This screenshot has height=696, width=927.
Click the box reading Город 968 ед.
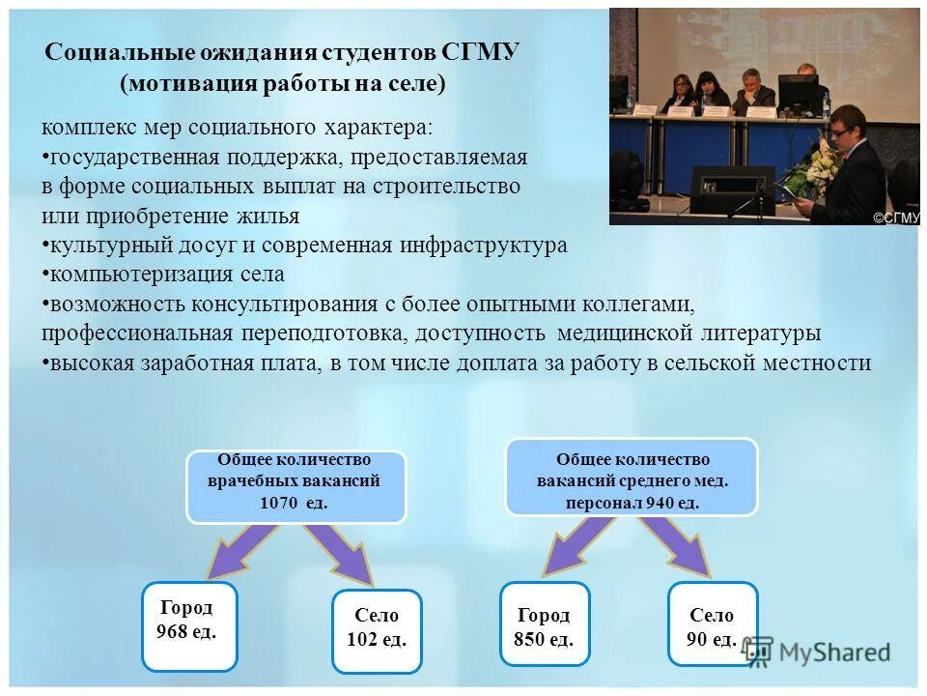click(x=189, y=625)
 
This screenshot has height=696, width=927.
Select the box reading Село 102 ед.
click(x=377, y=630)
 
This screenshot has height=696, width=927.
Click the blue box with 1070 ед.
click(x=295, y=486)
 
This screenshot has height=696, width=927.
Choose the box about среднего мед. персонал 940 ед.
click(x=632, y=477)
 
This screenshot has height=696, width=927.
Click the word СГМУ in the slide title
click(x=480, y=52)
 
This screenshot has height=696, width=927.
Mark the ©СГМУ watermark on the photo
click(x=896, y=217)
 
